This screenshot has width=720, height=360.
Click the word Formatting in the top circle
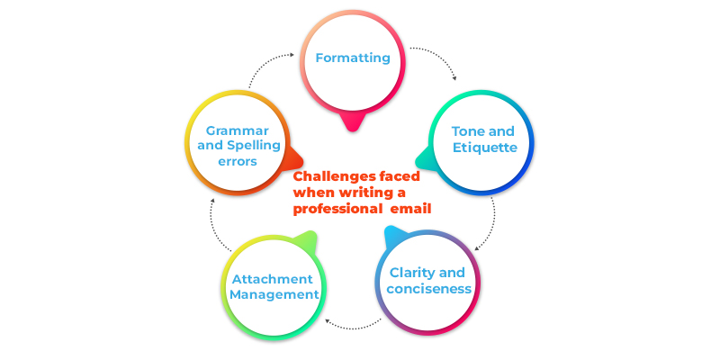352,58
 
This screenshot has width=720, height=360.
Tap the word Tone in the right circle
467,130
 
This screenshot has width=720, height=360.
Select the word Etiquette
484,148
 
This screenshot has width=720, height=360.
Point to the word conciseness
428,289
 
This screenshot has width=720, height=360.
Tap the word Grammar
237,130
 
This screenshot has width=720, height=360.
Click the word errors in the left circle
237,162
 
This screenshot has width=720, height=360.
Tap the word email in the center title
410,209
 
